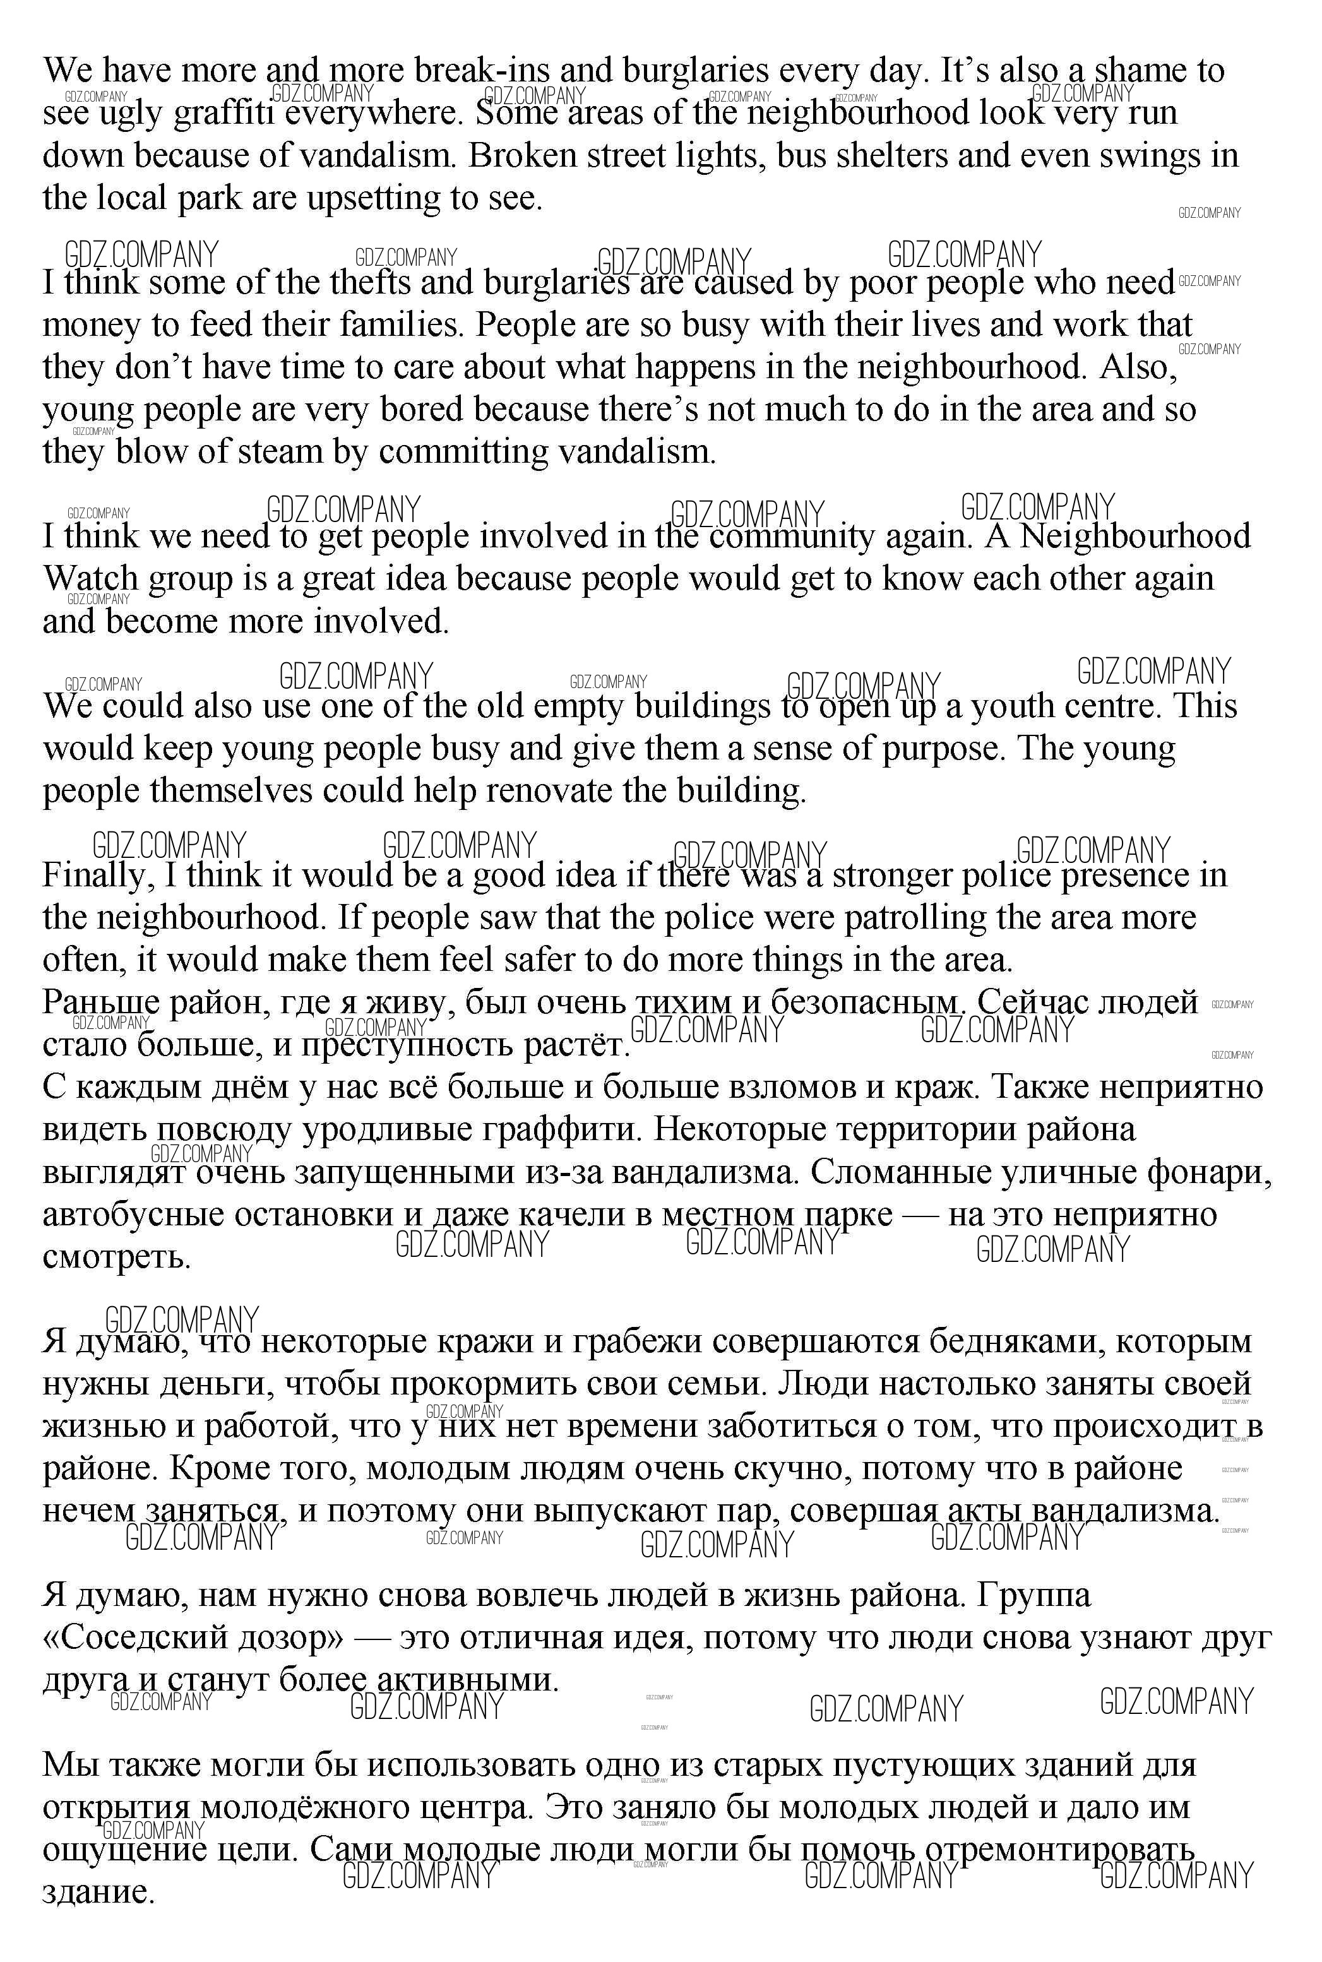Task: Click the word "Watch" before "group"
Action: [90, 579]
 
